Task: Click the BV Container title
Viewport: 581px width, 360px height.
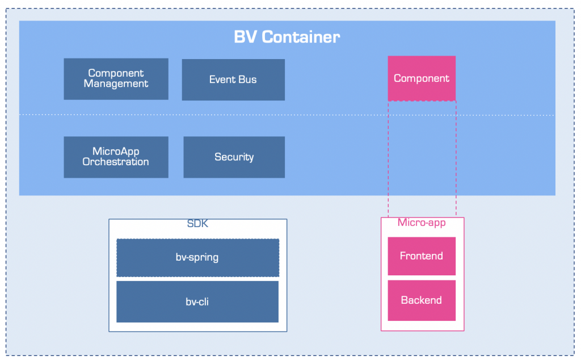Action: (287, 37)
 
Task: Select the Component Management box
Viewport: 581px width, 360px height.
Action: (116, 79)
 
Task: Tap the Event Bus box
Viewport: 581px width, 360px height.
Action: (233, 79)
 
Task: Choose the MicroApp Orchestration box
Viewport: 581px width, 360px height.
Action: (116, 157)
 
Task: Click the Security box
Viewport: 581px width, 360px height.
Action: (234, 157)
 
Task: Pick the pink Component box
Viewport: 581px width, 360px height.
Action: (422, 78)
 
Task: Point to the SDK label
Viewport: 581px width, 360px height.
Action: (197, 224)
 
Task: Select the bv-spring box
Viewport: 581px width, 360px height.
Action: (198, 258)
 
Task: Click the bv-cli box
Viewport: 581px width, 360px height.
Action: (197, 302)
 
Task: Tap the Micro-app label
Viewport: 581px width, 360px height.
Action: (422, 223)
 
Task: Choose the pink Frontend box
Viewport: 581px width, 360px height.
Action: (422, 256)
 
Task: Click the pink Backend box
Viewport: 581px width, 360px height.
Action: (422, 300)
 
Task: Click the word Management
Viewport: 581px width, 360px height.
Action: (116, 84)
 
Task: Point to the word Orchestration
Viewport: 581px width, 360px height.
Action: (116, 162)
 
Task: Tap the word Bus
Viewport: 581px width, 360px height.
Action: (248, 79)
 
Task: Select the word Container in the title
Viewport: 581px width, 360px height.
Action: (301, 37)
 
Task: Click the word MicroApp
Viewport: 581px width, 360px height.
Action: (116, 152)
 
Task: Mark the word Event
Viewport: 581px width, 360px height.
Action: (222, 79)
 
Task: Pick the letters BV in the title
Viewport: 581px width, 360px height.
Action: (245, 37)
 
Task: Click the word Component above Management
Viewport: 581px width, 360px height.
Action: (116, 73)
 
